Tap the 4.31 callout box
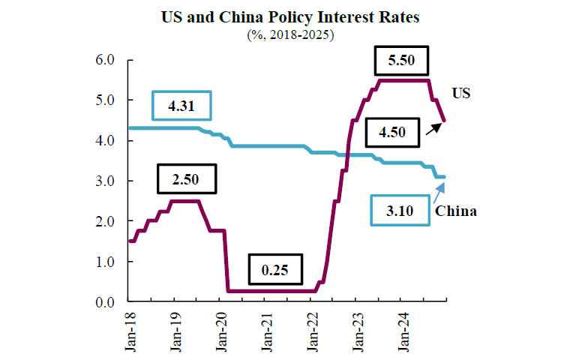pyautogui.click(x=182, y=106)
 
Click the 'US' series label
pyautogui.click(x=461, y=93)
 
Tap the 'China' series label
pyautogui.click(x=457, y=211)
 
